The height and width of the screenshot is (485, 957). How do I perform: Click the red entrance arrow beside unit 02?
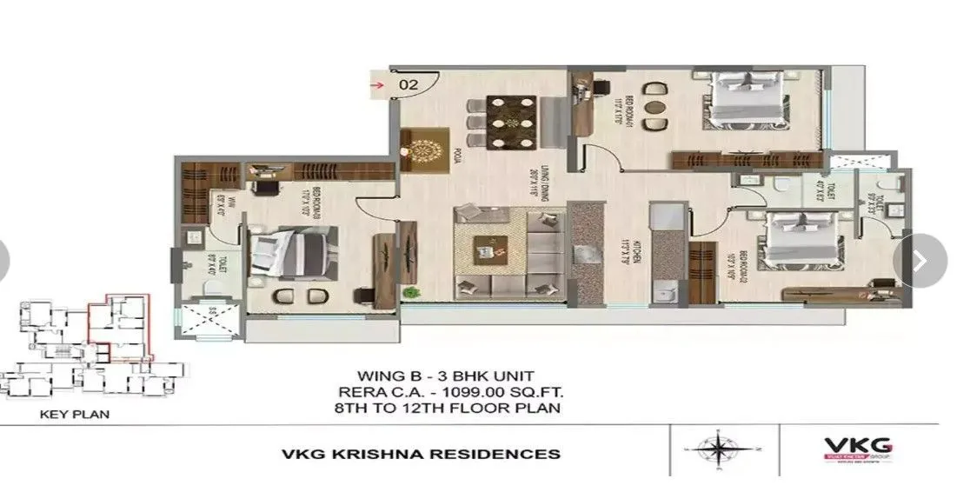[377, 84]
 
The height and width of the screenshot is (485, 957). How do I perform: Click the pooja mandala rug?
[426, 148]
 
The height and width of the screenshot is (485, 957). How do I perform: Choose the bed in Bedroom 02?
[801, 244]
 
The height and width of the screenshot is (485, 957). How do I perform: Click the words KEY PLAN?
[75, 415]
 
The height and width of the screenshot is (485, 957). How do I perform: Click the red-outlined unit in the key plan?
[123, 326]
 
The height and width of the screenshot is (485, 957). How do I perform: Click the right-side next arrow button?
[920, 259]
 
